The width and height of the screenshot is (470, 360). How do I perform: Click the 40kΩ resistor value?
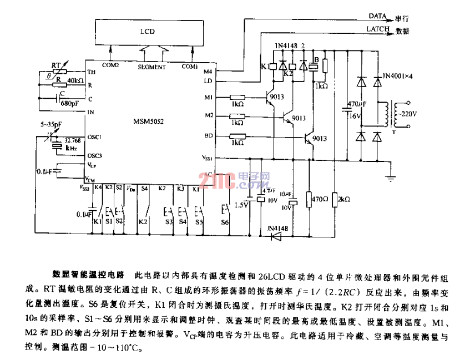[74, 82]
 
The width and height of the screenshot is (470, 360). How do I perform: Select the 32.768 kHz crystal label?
[70, 144]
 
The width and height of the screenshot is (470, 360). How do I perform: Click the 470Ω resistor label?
[320, 197]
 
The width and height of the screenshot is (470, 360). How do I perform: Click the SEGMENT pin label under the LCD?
[151, 67]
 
